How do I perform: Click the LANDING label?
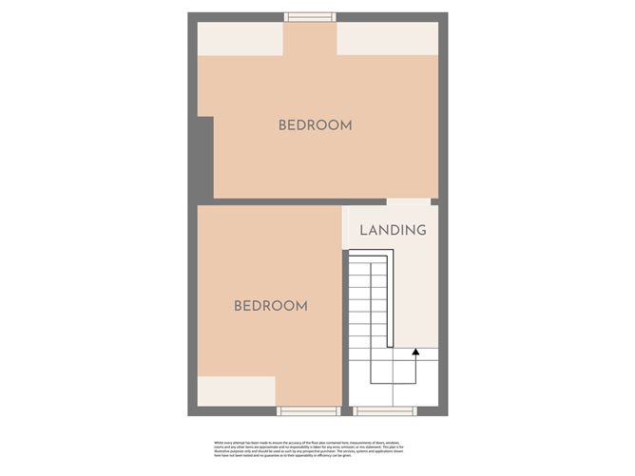[x=393, y=230]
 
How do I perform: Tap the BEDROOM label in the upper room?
[x=315, y=125]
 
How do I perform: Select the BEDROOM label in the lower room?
[x=271, y=306]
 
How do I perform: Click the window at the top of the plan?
[x=310, y=16]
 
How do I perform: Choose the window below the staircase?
[x=384, y=410]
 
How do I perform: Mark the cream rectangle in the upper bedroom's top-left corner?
[x=241, y=38]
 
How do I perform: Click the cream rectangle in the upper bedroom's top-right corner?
[x=387, y=38]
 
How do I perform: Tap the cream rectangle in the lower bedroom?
[x=236, y=390]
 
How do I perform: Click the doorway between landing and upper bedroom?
[x=408, y=201]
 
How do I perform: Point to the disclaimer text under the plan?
[x=317, y=447]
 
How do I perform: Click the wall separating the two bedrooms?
[x=285, y=201]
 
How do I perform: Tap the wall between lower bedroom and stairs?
[x=343, y=314]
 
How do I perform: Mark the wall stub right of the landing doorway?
[x=434, y=201]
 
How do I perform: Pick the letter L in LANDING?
[x=363, y=230]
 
